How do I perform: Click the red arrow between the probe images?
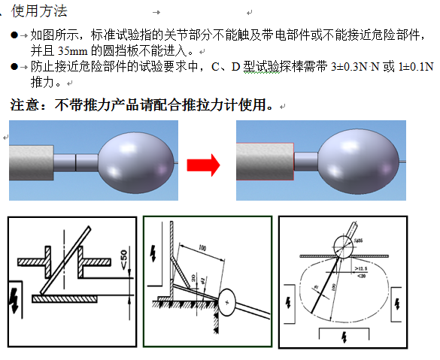click(x=202, y=162)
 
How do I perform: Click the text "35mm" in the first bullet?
click(x=71, y=51)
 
